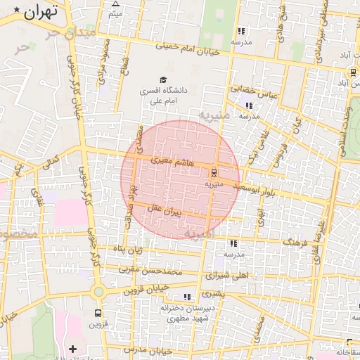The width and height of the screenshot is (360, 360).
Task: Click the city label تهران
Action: click(x=39, y=12)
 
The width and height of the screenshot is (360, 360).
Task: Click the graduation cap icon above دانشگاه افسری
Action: click(x=163, y=80)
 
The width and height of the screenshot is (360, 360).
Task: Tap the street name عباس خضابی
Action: click(x=260, y=90)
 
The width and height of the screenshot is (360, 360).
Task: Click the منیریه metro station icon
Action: click(x=214, y=172)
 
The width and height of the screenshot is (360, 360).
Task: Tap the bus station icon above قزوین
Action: click(x=97, y=313)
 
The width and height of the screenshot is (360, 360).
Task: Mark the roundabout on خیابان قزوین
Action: click(x=98, y=292)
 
